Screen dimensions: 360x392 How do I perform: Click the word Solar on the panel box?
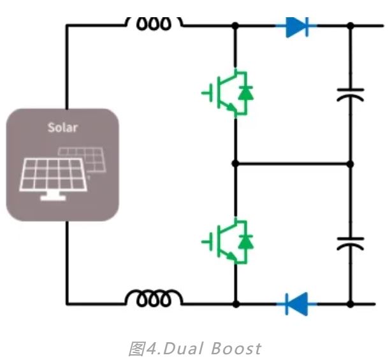click(62, 127)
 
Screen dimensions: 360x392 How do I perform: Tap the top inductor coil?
click(154, 24)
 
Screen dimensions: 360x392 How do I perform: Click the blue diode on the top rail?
click(297, 26)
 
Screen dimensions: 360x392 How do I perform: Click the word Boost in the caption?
click(236, 349)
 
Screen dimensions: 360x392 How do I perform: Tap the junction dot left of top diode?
click(235, 26)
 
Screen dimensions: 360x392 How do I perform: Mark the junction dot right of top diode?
click(350, 26)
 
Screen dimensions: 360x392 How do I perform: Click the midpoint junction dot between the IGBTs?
click(235, 163)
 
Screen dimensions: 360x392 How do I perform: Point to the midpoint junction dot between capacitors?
click(350, 163)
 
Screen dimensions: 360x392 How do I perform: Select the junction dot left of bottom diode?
click(235, 303)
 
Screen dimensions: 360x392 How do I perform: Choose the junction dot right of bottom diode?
click(350, 303)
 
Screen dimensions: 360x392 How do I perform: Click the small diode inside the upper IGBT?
click(245, 93)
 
